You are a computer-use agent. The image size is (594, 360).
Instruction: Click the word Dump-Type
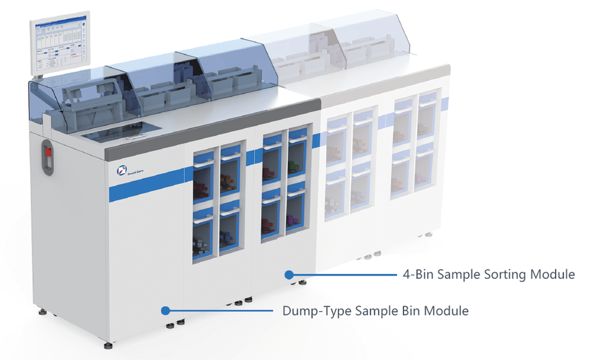tap(316, 311)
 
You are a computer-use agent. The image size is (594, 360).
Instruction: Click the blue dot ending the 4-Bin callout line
tap(288, 274)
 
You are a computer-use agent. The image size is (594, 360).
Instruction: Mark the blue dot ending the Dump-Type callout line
tap(165, 310)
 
